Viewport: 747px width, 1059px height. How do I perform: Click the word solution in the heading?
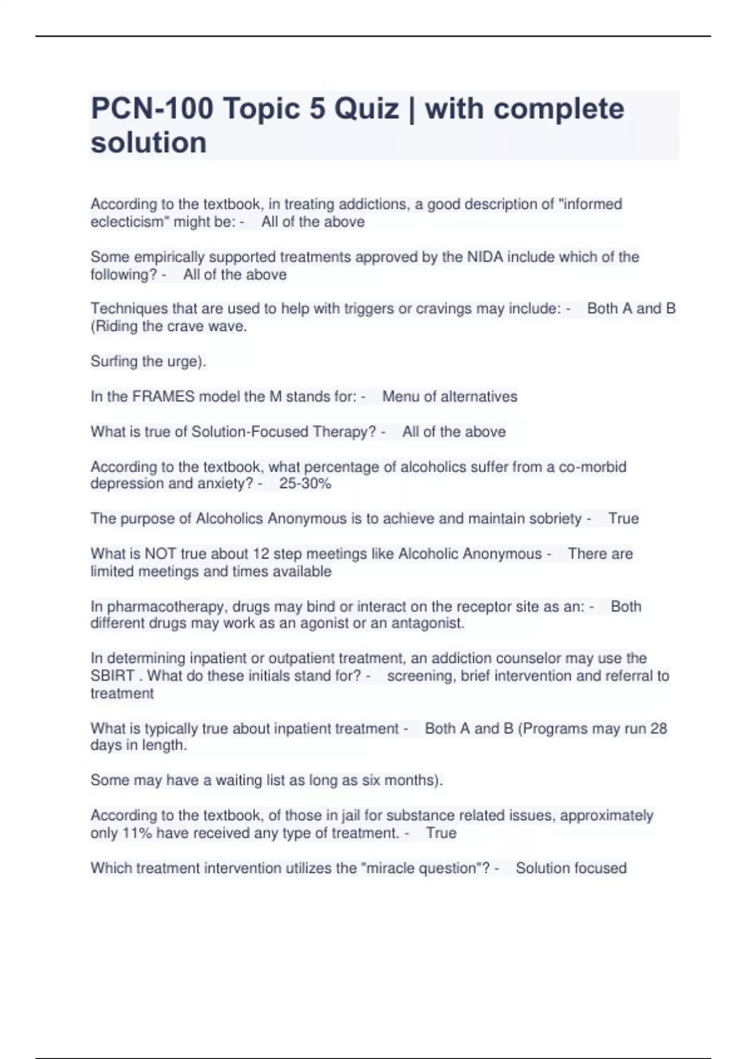click(149, 143)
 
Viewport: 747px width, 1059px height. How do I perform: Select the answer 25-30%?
click(305, 483)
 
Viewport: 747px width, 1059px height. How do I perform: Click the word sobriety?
click(546, 518)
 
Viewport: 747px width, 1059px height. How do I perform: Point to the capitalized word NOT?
click(160, 554)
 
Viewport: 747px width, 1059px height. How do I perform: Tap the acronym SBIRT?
click(113, 676)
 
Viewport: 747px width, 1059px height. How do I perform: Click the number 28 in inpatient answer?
click(658, 728)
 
